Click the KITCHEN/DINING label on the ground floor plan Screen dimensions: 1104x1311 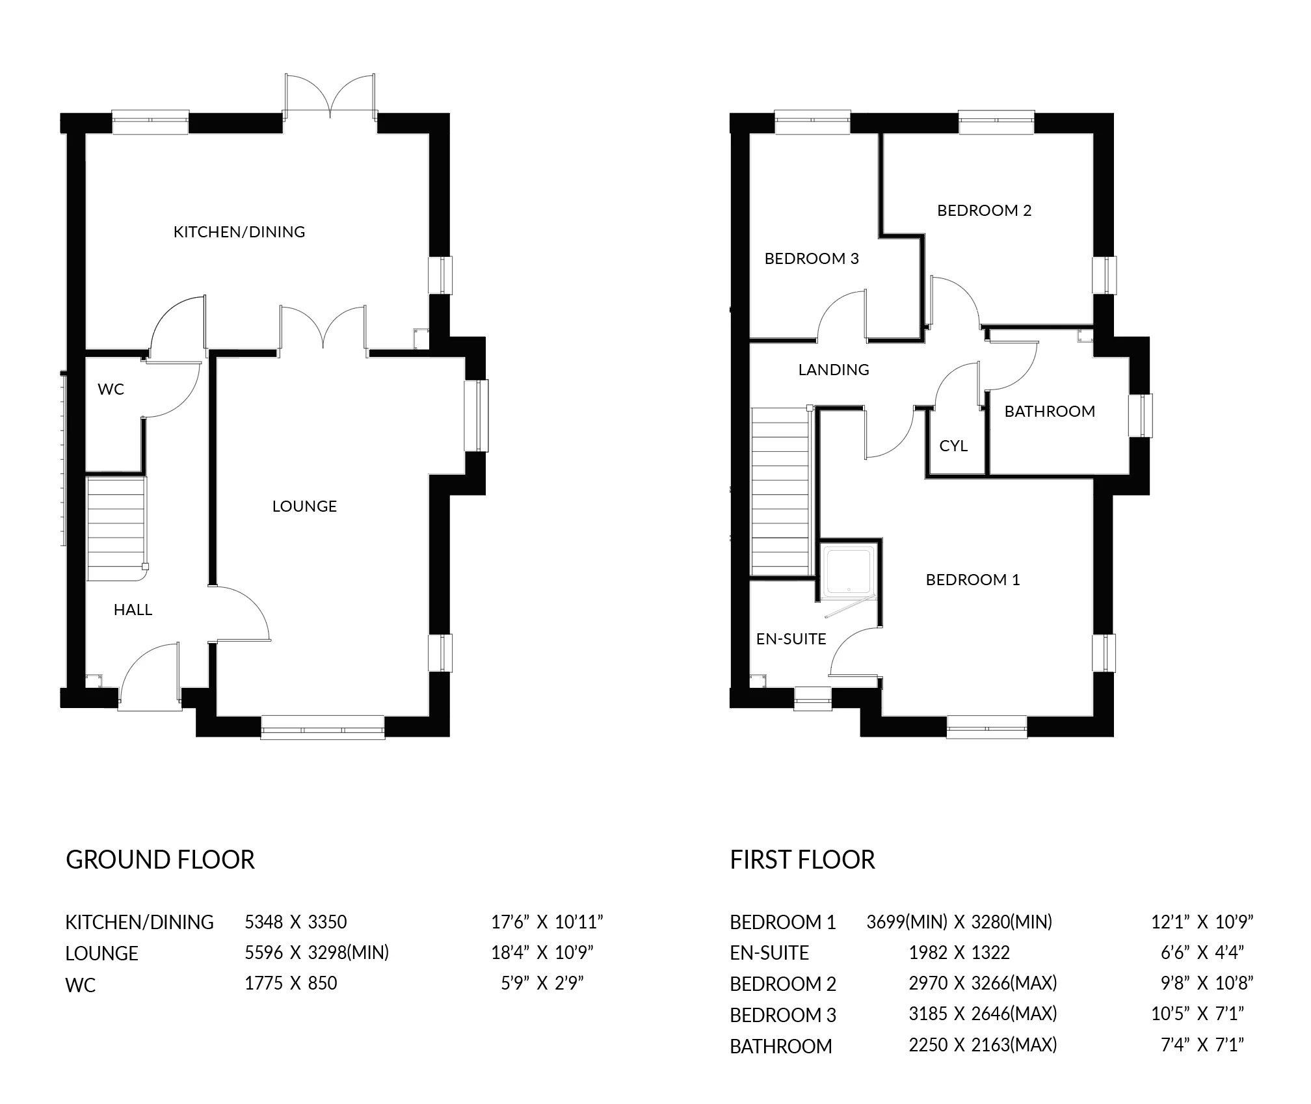point(239,231)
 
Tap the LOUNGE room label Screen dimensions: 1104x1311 point(304,506)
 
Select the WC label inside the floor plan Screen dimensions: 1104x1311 point(111,389)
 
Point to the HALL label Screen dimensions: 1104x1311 point(133,609)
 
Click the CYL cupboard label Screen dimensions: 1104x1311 point(953,445)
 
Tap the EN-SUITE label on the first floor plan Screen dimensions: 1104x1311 point(791,638)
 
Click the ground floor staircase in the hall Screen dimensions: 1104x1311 point(116,528)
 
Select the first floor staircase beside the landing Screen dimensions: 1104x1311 point(780,491)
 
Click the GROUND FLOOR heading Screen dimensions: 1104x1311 point(160,860)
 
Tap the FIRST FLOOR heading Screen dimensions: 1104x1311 point(802,860)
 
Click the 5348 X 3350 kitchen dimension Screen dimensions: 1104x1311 point(295,922)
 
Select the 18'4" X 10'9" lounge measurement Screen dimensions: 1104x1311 point(542,953)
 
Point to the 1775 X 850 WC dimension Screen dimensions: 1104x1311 point(291,983)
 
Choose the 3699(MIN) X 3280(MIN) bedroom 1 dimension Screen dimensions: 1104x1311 point(959,922)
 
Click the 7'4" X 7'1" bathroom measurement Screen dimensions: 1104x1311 point(1202,1045)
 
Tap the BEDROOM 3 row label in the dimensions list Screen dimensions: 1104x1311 point(783,1015)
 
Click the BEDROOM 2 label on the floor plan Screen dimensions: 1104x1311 point(984,210)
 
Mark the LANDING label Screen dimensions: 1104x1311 point(834,369)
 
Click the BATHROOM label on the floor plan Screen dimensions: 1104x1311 point(1050,411)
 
